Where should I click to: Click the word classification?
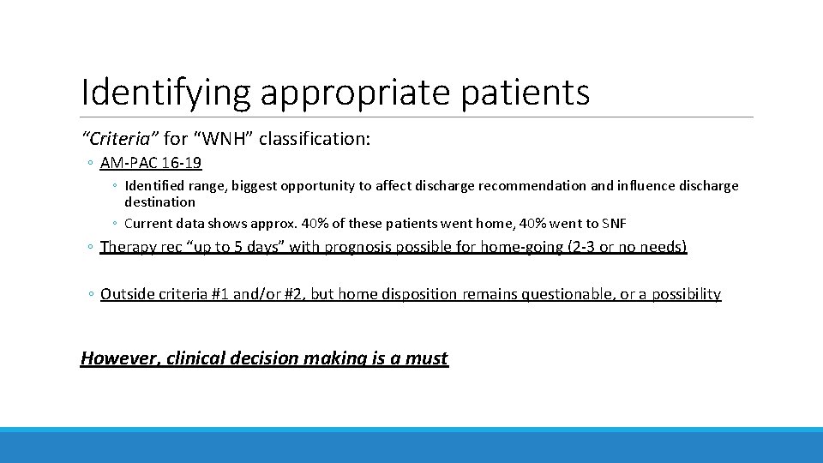coord(314,138)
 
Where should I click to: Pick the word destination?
coord(159,202)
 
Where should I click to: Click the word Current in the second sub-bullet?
coord(148,224)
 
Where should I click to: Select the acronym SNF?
coord(614,224)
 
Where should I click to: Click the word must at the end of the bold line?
coord(427,358)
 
